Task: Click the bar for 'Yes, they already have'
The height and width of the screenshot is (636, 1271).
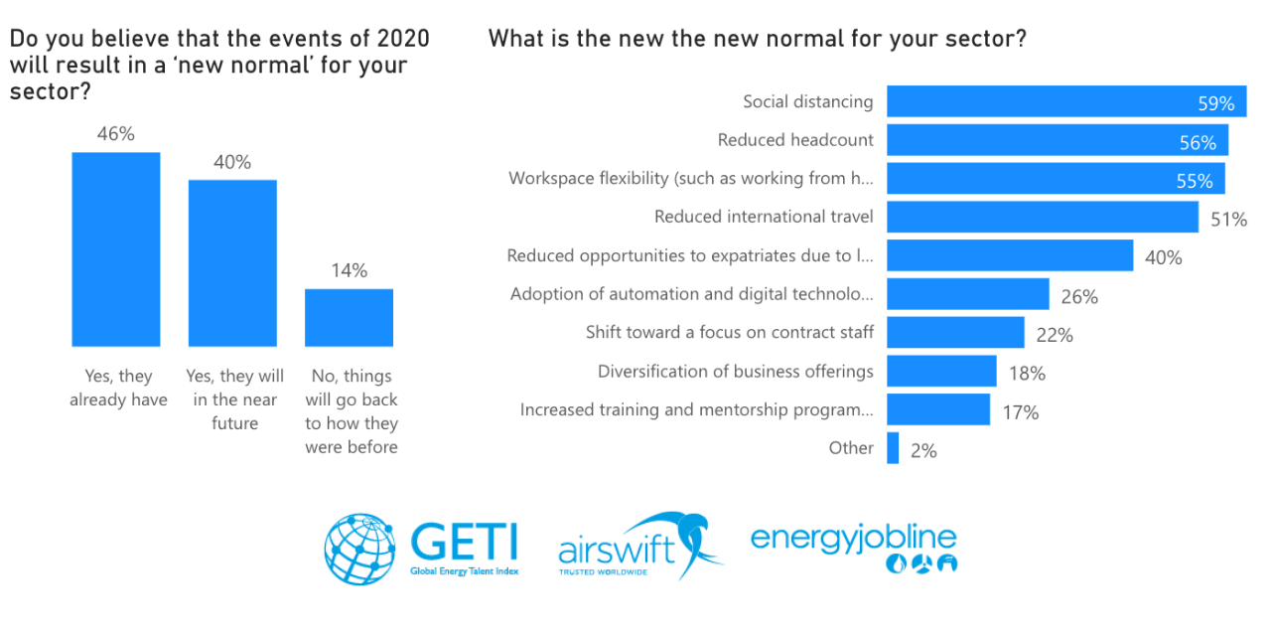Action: tap(116, 248)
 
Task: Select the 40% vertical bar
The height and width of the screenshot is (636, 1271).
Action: tap(232, 262)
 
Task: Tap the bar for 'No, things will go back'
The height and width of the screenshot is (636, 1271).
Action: tap(349, 317)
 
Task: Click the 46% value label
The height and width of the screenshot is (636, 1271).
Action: tap(116, 134)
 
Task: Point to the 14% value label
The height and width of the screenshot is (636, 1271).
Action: tap(349, 270)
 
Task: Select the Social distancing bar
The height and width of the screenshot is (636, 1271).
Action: tap(1065, 101)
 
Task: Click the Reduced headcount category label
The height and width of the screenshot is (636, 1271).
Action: tap(795, 140)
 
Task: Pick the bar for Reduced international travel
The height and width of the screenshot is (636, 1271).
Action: tap(1042, 218)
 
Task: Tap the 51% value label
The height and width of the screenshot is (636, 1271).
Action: tap(1228, 220)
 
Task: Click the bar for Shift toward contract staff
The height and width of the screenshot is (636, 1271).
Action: tap(954, 333)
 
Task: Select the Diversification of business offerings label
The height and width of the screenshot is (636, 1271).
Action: tap(735, 372)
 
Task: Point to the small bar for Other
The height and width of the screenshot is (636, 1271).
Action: tap(893, 448)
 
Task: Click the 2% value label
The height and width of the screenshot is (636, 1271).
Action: tap(923, 450)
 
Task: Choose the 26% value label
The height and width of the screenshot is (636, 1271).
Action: tap(1078, 296)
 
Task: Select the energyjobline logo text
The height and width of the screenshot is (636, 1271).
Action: tap(853, 538)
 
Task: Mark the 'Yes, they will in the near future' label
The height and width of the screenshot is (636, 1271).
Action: tap(234, 399)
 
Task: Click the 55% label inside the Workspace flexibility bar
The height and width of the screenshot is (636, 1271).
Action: tap(1194, 181)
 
